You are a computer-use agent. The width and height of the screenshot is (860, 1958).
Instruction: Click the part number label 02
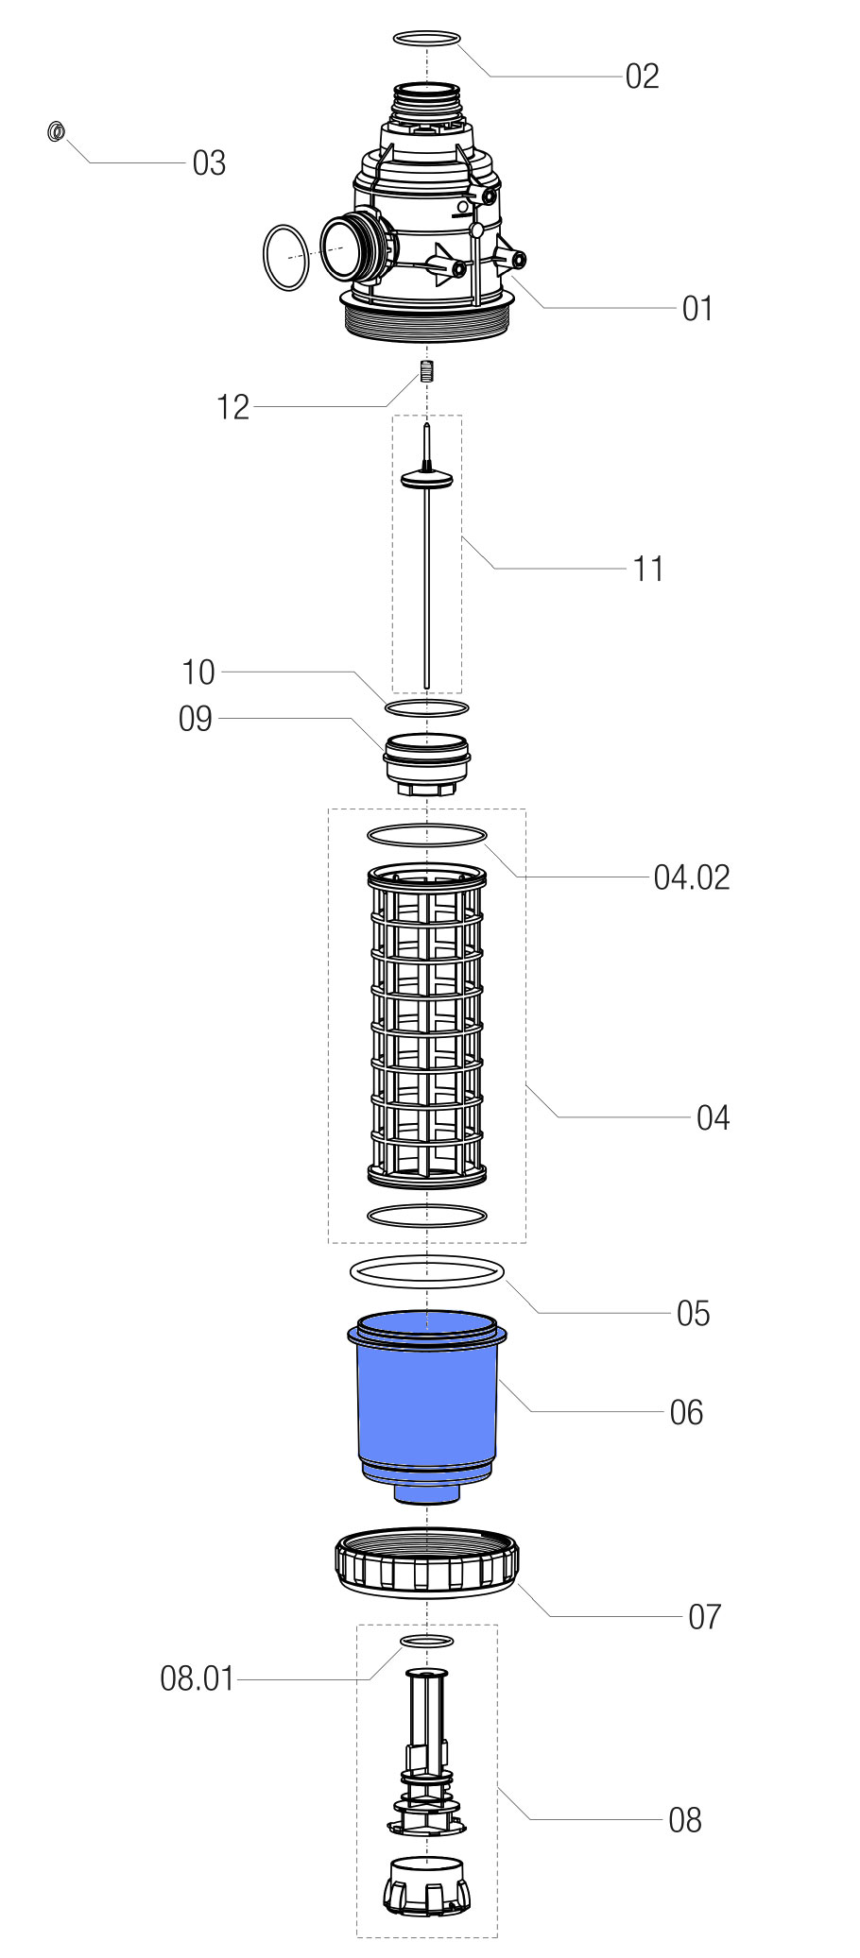(642, 77)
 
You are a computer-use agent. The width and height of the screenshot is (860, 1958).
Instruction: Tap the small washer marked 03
(56, 130)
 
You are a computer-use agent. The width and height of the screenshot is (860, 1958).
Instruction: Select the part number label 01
(697, 309)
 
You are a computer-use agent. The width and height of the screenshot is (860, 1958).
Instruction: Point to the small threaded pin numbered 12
(426, 370)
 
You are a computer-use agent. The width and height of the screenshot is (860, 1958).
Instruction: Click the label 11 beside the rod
(648, 570)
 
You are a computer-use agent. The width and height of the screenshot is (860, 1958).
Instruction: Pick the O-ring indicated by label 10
(426, 707)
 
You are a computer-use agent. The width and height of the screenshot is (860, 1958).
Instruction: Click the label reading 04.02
(692, 877)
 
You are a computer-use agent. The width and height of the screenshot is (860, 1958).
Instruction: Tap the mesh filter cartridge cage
(426, 1025)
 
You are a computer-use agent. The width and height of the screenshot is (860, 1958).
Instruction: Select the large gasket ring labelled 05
(427, 1271)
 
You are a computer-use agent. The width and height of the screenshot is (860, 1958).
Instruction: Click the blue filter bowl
(426, 1398)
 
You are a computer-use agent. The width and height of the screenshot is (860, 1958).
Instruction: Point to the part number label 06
(686, 1412)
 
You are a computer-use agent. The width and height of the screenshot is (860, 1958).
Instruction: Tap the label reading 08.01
(197, 1678)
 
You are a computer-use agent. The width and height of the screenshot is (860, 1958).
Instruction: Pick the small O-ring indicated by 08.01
(427, 1640)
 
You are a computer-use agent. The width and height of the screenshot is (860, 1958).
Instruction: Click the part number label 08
(684, 1819)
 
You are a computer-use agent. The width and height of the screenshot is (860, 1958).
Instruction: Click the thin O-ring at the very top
(426, 39)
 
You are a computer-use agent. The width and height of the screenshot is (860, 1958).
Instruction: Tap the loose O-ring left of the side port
(284, 257)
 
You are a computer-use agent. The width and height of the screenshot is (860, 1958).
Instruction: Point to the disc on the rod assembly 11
(427, 481)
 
